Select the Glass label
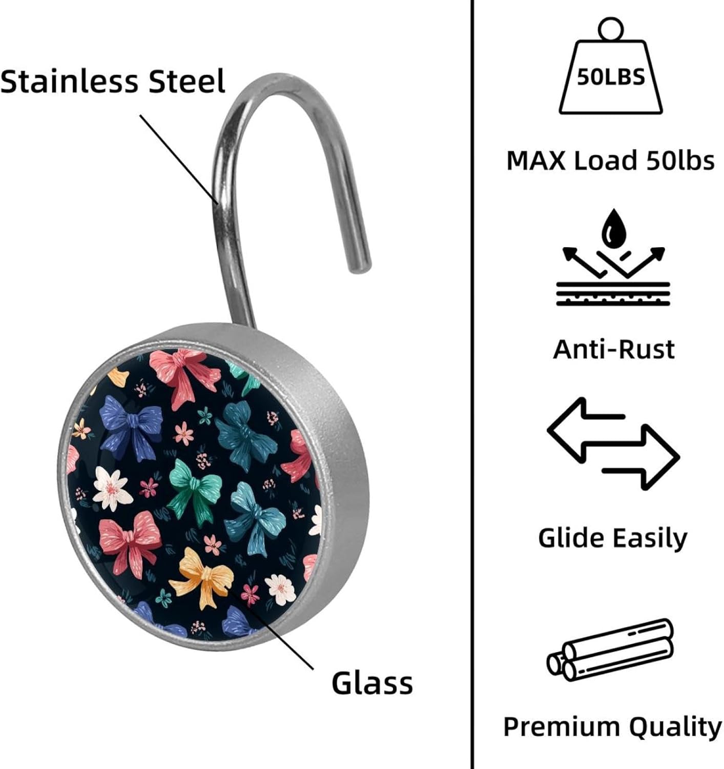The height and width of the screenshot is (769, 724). tap(372, 683)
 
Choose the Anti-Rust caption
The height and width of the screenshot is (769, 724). tap(613, 349)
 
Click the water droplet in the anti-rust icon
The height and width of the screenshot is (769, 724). tap(613, 228)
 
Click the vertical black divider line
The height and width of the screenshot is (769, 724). tap(471, 385)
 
